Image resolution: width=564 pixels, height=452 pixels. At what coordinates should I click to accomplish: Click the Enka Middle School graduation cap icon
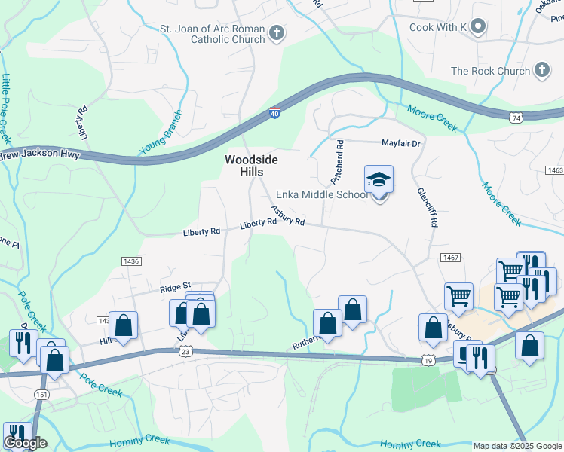379,179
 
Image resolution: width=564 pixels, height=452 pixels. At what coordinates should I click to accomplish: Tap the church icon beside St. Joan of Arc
277,33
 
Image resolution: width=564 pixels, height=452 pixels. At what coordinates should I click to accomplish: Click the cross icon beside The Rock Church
541,71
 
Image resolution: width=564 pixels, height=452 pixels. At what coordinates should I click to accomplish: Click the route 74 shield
516,118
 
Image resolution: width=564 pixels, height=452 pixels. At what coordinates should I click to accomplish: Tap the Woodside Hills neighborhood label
252,166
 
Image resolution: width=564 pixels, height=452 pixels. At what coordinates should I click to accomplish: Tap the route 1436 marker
131,261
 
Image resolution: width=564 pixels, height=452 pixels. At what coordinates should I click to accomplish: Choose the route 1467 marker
451,258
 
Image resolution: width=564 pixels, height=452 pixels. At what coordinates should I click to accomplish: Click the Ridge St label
173,288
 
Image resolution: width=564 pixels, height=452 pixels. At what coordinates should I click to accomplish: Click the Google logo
25,443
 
